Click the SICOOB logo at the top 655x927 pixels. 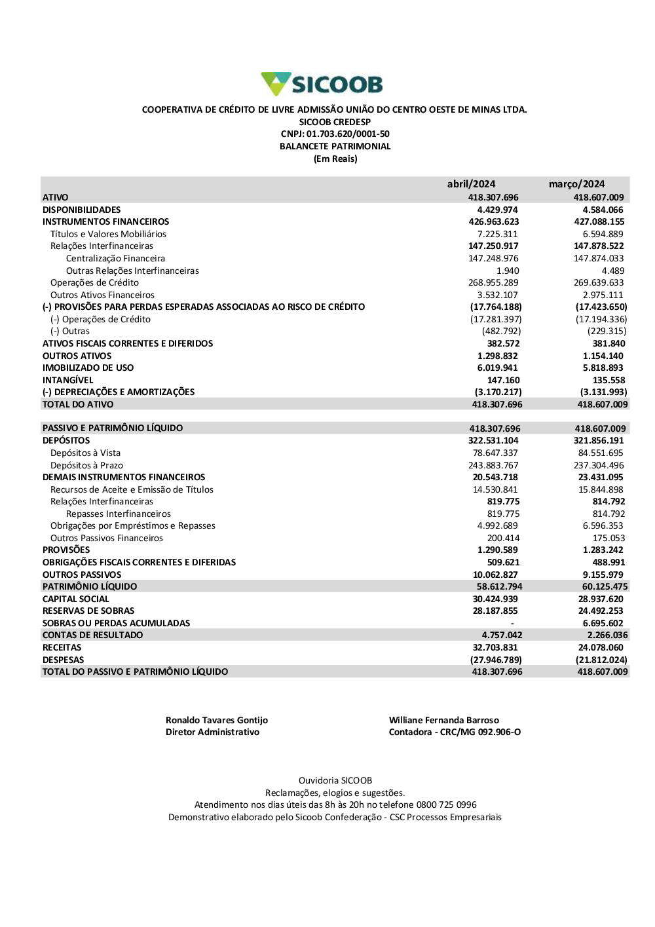[x=322, y=84]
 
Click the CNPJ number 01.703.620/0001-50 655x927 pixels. [x=348, y=134]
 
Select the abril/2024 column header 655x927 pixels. [x=471, y=184]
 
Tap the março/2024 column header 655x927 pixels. [x=576, y=184]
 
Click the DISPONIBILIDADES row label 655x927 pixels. [x=82, y=210]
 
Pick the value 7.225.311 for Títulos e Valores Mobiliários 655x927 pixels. [x=497, y=234]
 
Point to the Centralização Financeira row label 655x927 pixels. [x=115, y=259]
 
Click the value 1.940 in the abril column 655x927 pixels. [x=508, y=271]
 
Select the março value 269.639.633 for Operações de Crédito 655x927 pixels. [x=599, y=283]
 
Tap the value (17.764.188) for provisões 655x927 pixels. [x=496, y=307]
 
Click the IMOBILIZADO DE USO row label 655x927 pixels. [x=88, y=368]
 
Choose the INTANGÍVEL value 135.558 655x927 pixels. [x=608, y=380]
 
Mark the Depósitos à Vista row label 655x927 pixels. [x=85, y=453]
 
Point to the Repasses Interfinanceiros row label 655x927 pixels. [x=119, y=514]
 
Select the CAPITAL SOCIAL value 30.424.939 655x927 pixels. [x=495, y=599]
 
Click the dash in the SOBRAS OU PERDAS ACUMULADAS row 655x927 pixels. [x=512, y=624]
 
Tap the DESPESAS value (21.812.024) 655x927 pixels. [x=601, y=660]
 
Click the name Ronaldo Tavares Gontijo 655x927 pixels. [x=217, y=721]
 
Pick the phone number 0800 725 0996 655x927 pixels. [x=447, y=805]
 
